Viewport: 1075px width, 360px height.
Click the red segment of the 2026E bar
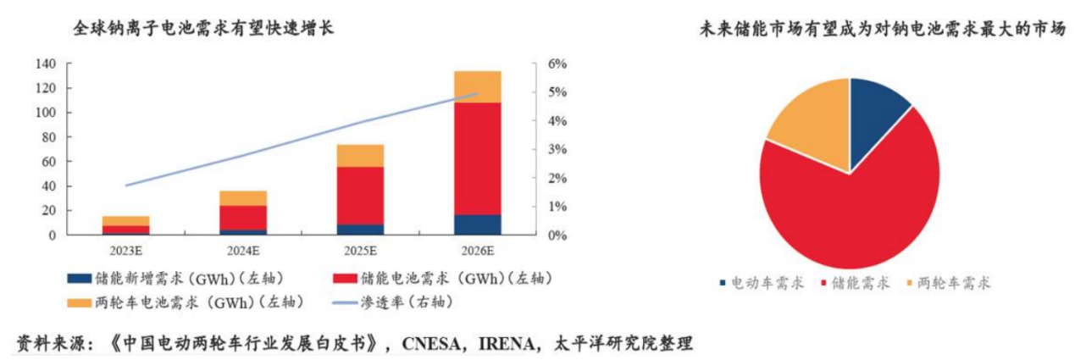[x=477, y=158]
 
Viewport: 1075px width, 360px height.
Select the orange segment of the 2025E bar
[x=360, y=156]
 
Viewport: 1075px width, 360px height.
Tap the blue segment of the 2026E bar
[x=477, y=224]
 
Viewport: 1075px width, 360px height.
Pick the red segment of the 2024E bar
[x=243, y=217]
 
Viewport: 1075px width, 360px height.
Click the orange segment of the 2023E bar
[x=126, y=220]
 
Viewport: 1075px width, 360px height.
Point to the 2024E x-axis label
[x=243, y=251]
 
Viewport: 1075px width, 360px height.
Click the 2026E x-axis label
[x=477, y=251]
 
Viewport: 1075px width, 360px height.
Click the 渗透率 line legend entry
[x=407, y=301]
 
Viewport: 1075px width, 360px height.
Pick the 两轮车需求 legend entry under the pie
[x=948, y=283]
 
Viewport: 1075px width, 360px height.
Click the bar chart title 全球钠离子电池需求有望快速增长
[x=204, y=29]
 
